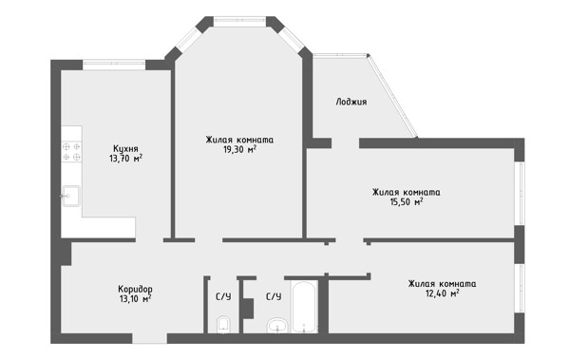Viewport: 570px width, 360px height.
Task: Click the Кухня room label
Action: tap(125, 149)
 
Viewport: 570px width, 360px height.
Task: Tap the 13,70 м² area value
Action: tap(125, 159)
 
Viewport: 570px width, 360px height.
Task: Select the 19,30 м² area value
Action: tap(240, 149)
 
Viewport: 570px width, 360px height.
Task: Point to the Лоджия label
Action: tap(351, 102)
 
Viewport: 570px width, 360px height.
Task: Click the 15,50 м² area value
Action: tap(406, 201)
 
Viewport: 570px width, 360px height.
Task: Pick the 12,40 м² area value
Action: tap(442, 293)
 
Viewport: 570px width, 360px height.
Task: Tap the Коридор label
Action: tap(135, 290)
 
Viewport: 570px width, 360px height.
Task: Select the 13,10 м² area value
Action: tap(135, 299)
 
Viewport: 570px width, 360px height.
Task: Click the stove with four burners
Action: tap(71, 152)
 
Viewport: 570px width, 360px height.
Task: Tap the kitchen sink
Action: tap(70, 196)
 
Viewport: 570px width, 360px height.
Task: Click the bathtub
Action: tap(305, 306)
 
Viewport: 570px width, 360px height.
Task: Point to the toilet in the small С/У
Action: tap(223, 325)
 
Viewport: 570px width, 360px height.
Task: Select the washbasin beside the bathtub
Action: tap(277, 326)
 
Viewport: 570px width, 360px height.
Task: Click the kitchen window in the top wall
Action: tap(114, 65)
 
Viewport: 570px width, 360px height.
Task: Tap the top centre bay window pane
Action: tap(240, 22)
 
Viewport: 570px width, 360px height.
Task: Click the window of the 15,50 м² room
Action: tap(520, 194)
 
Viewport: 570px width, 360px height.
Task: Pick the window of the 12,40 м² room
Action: tap(520, 288)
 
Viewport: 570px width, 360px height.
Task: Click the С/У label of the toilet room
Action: tap(223, 296)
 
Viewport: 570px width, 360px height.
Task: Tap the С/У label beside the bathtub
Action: tap(274, 296)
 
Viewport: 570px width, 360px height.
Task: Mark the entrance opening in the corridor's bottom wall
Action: tap(149, 338)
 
